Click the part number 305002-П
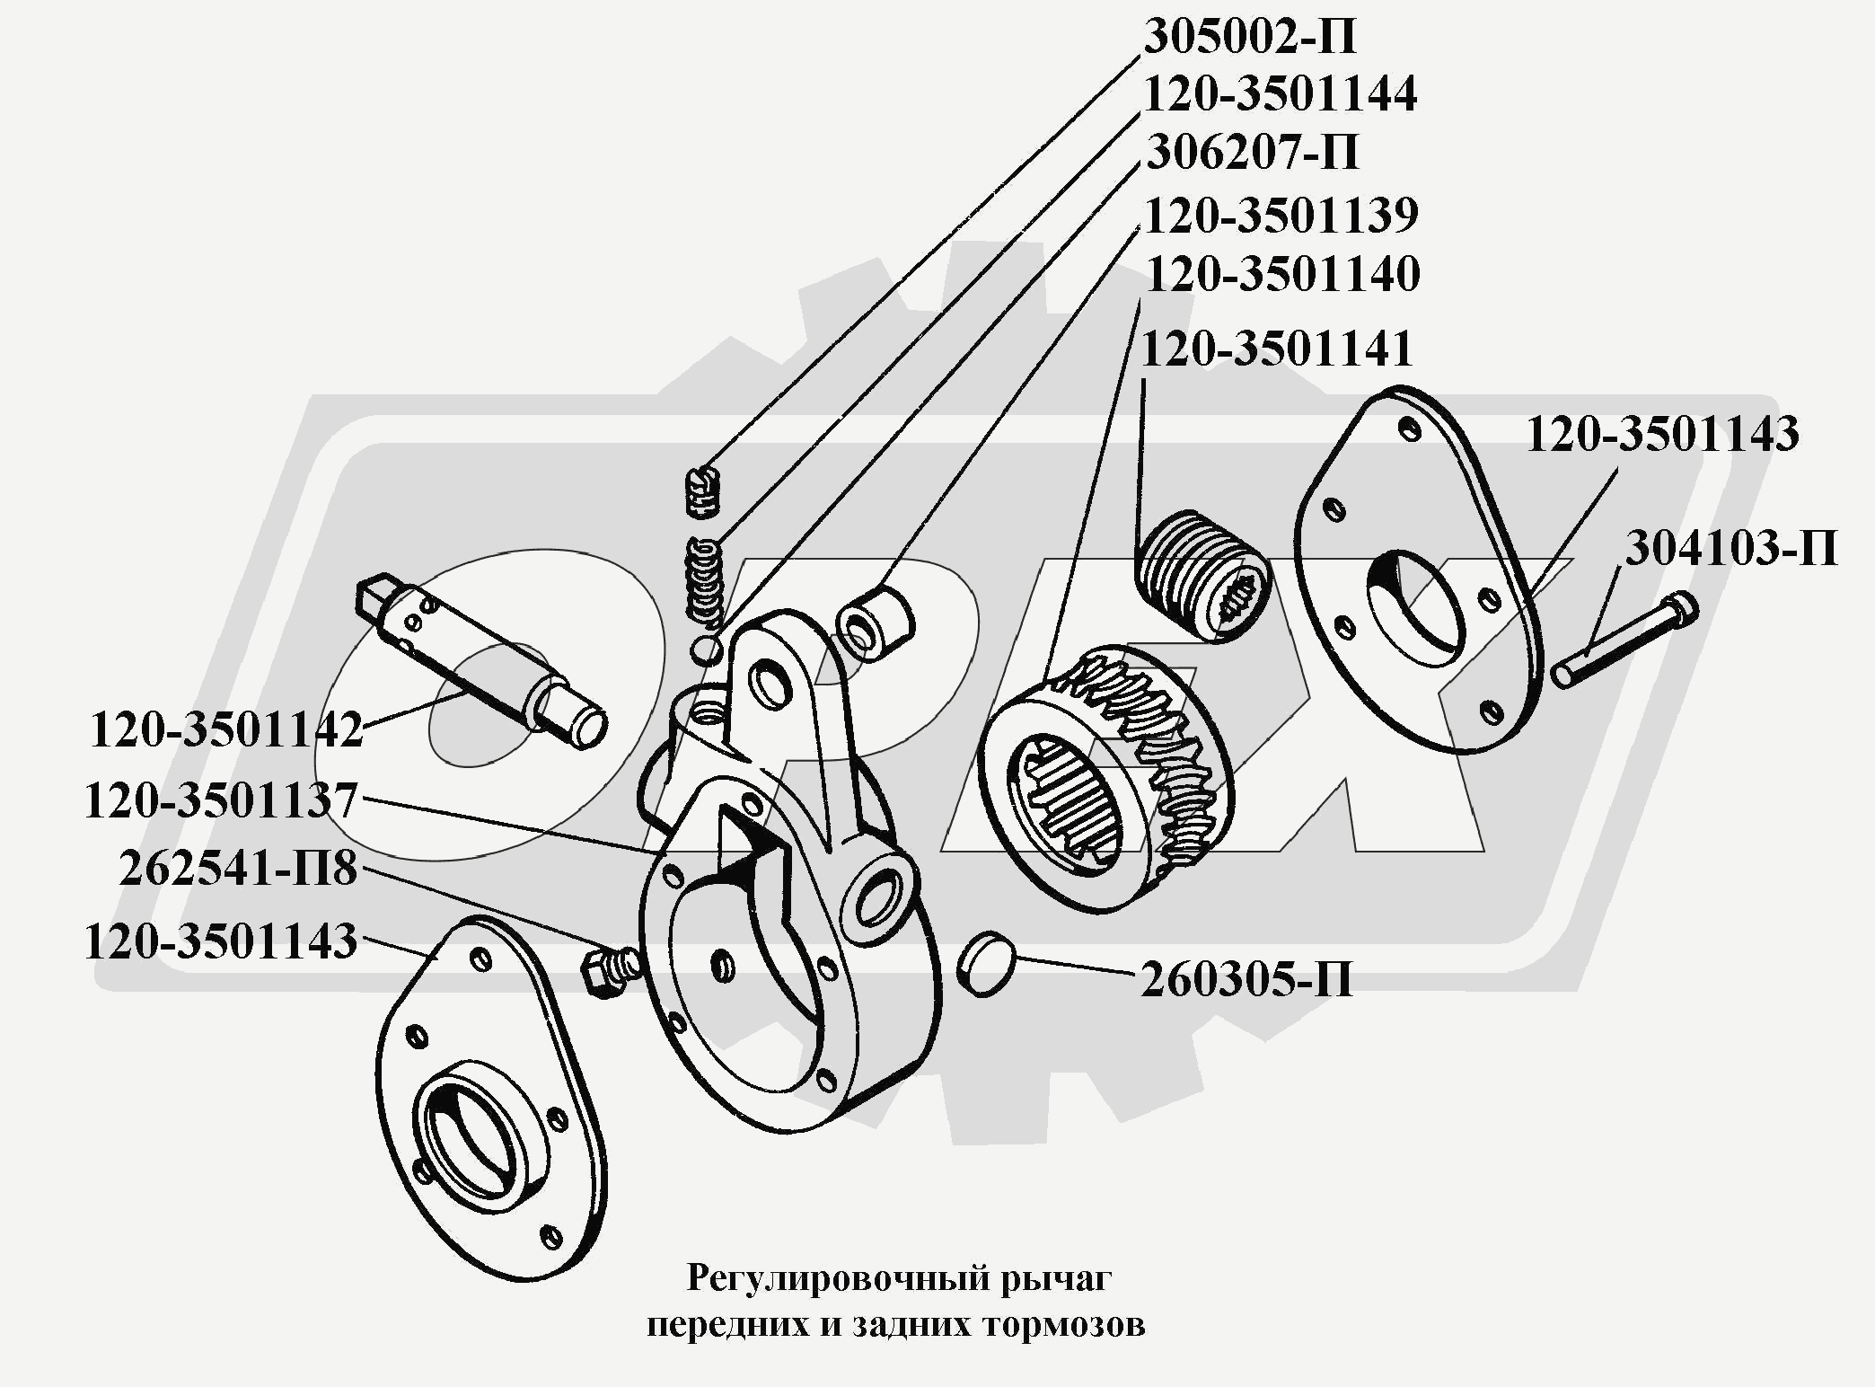[x=1249, y=38]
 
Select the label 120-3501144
[x=1281, y=94]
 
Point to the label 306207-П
[x=1252, y=153]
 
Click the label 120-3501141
[x=1278, y=349]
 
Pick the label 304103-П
[x=1731, y=548]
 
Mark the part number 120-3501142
[x=226, y=729]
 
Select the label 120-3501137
[x=221, y=800]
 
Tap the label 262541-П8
[x=238, y=869]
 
